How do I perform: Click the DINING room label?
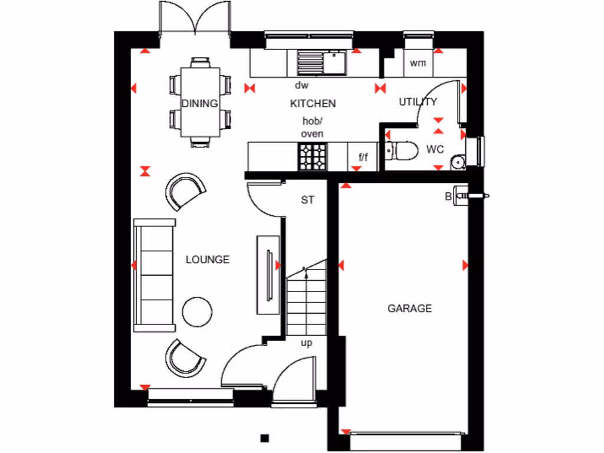click(199, 104)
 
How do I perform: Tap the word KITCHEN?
click(313, 104)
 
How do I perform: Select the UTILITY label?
click(418, 101)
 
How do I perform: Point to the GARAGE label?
click(409, 308)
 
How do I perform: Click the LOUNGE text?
click(208, 260)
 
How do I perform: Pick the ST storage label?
click(307, 201)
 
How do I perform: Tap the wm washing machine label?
click(418, 63)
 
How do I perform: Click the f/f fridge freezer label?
click(363, 157)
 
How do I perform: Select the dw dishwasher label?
click(302, 86)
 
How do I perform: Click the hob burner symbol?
click(312, 157)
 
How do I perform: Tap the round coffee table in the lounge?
click(197, 312)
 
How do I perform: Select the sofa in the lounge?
click(155, 274)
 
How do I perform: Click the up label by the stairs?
click(307, 343)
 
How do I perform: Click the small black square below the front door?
click(265, 438)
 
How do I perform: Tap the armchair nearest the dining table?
click(185, 191)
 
